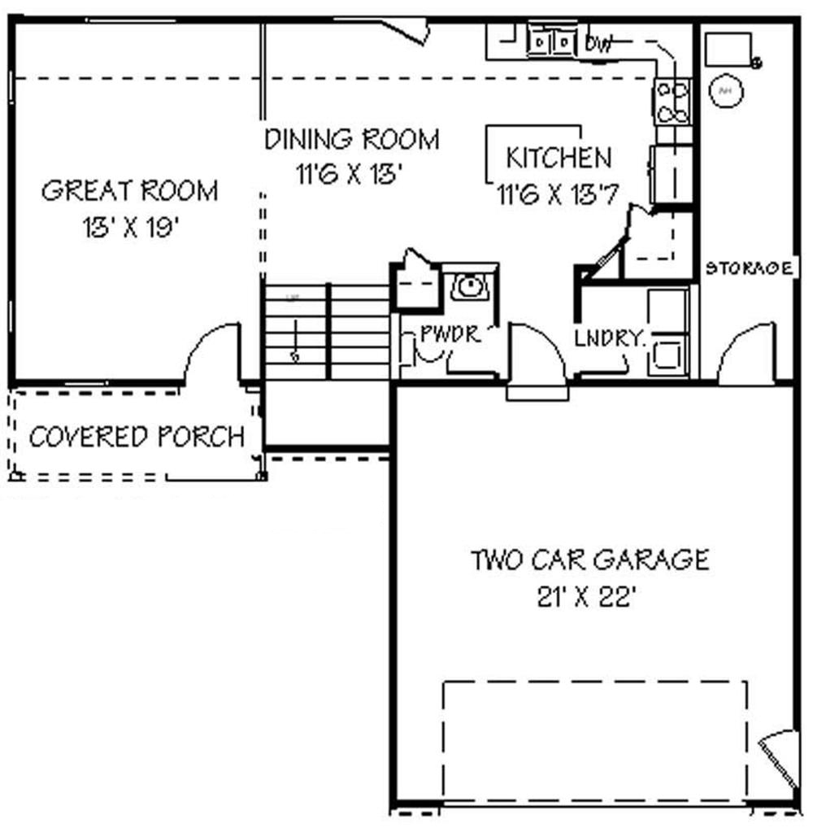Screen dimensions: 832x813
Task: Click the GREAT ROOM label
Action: tap(129, 191)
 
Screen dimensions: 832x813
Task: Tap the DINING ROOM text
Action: tap(351, 139)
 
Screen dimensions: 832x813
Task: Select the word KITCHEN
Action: tap(558, 157)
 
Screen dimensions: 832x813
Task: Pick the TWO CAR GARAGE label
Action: tap(589, 560)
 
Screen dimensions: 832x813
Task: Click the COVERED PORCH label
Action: tap(137, 437)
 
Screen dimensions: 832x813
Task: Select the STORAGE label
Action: tap(749, 268)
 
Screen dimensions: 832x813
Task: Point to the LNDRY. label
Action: tap(609, 338)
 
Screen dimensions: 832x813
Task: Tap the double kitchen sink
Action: tap(550, 41)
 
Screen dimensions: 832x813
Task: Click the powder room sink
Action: tap(469, 285)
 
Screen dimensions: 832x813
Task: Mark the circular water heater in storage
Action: tap(727, 92)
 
